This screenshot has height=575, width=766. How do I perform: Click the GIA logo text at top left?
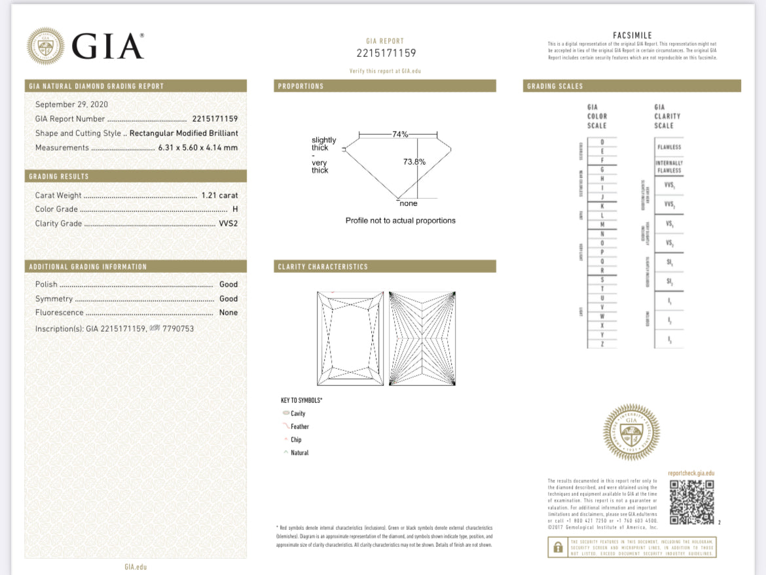click(x=107, y=46)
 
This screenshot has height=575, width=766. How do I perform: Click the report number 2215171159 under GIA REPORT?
click(x=386, y=53)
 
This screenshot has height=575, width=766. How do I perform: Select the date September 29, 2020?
click(x=71, y=104)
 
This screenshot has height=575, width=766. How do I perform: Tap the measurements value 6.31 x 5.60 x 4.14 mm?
click(x=198, y=148)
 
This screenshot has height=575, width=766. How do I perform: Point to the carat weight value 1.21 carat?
click(x=219, y=195)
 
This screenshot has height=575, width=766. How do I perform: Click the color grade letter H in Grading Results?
click(x=235, y=209)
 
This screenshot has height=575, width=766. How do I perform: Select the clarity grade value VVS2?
click(x=228, y=224)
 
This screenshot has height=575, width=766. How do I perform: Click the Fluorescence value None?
click(x=228, y=313)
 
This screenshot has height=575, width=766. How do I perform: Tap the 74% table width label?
click(x=399, y=134)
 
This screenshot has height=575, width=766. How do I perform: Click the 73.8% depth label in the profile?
click(x=414, y=162)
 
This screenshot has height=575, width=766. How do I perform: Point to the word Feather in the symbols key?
click(x=300, y=427)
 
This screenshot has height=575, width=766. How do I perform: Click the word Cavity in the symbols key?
click(x=298, y=413)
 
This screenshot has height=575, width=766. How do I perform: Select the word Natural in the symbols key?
click(x=299, y=453)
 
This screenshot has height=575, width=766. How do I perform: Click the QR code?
click(x=691, y=502)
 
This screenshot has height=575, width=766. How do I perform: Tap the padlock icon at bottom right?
click(x=558, y=547)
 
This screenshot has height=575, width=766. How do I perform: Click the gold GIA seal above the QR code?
click(x=631, y=432)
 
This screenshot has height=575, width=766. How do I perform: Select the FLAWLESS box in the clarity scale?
click(x=669, y=147)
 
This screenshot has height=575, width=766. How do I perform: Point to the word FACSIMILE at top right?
click(x=632, y=35)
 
